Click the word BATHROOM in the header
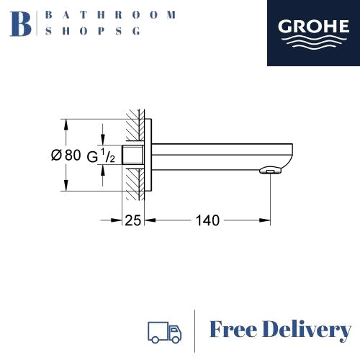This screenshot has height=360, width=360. point(109,14)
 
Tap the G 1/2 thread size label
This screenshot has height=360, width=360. point(101,154)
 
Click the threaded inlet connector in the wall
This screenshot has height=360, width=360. point(132,154)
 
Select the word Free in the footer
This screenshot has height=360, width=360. point(234,330)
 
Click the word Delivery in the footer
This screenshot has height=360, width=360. point(307,330)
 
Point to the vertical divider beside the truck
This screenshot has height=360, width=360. point(195,330)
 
